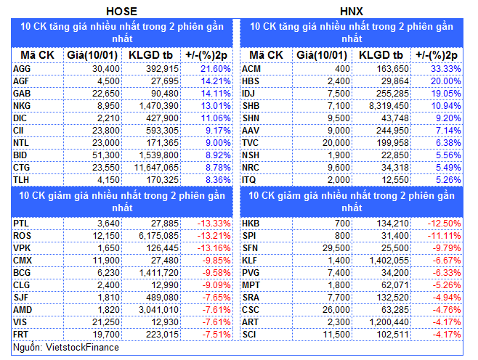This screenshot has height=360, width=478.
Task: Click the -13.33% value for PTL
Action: pyautogui.click(x=215, y=224)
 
